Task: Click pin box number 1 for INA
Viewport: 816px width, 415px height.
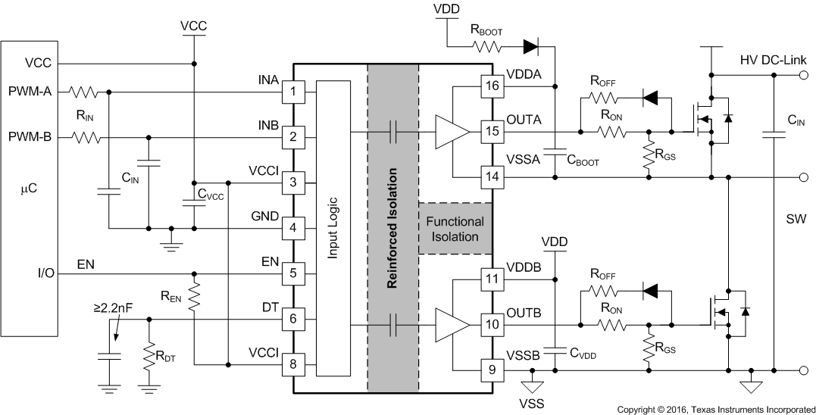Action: [x=292, y=92]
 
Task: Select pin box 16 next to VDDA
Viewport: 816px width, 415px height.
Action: [x=490, y=86]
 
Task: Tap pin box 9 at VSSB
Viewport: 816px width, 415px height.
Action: [x=490, y=370]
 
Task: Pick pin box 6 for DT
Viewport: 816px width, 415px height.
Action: [x=292, y=319]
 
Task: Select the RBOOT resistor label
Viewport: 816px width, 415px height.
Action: [x=486, y=31]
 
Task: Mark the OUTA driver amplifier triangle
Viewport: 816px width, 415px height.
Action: [x=452, y=132]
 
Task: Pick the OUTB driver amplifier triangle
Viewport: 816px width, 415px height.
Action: [x=452, y=325]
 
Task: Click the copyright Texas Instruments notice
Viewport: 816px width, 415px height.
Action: [x=715, y=409]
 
